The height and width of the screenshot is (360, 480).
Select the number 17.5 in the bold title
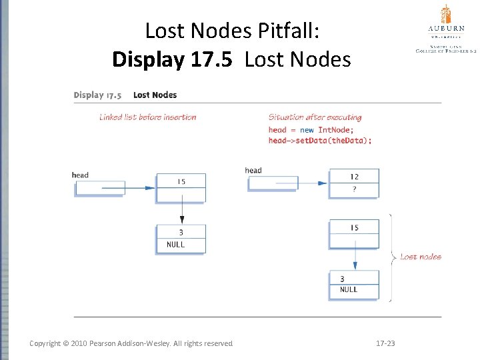[204, 60]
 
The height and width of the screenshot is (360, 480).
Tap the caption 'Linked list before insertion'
[148, 117]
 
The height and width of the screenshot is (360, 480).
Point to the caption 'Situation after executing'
[315, 117]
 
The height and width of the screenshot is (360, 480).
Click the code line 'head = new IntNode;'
[311, 130]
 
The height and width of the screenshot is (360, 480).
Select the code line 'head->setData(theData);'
[320, 141]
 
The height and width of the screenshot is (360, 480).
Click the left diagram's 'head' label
[80, 175]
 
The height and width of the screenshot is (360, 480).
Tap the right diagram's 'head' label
[253, 171]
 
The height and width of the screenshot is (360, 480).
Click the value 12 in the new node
[354, 177]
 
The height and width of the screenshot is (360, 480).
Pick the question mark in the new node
[354, 189]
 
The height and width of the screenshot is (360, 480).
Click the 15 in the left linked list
[181, 181]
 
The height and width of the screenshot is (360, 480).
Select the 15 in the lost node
[354, 228]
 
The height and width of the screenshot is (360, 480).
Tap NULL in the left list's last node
[176, 245]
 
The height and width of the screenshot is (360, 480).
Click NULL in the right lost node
[349, 290]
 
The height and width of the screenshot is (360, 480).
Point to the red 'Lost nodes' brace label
[420, 257]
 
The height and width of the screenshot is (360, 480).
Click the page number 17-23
[385, 343]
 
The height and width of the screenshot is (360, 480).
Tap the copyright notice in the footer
[131, 343]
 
